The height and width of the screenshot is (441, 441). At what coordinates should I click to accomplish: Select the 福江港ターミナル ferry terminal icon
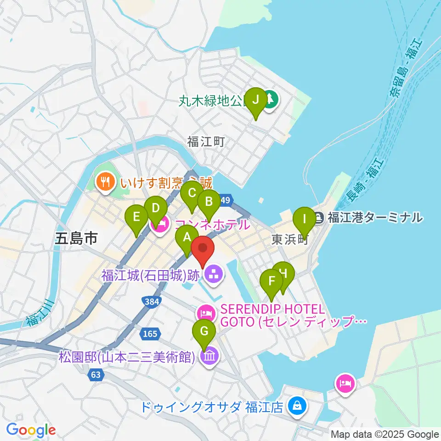click(x=320, y=217)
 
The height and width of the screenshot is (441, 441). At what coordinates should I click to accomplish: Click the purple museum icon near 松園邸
click(x=209, y=356)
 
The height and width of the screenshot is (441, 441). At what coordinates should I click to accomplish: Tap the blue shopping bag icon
click(x=297, y=406)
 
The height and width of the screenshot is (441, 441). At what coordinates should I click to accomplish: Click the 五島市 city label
click(x=76, y=238)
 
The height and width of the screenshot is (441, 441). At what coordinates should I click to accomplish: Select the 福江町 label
click(x=206, y=142)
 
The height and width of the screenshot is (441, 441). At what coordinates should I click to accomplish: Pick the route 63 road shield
click(x=95, y=375)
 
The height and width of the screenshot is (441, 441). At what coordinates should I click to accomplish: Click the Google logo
click(x=31, y=430)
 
